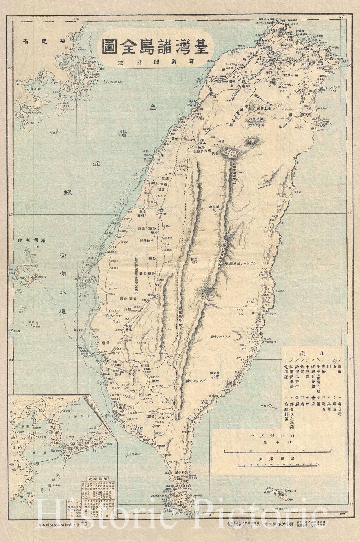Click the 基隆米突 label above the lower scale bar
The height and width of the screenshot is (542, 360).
point(284,457)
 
